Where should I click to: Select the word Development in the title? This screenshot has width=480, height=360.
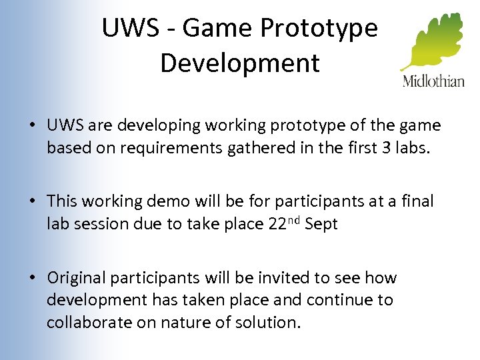(240, 63)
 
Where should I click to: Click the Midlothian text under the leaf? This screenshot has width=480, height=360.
(433, 82)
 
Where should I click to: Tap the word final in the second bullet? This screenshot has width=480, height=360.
(417, 201)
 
